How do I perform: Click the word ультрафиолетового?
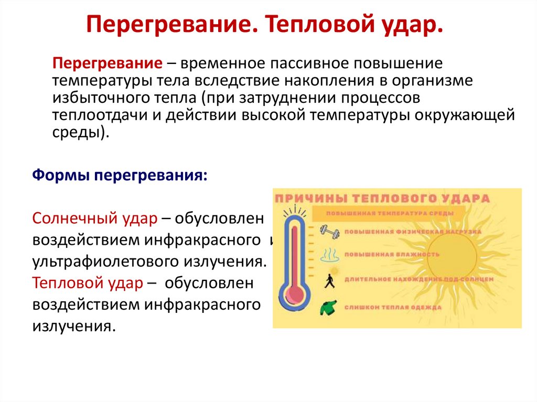pyautogui.click(x=105, y=261)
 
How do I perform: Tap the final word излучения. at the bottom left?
pyautogui.click(x=73, y=326)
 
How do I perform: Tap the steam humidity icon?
pyautogui.click(x=329, y=255)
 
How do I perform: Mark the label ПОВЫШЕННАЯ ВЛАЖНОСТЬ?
pyautogui.click(x=392, y=255)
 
